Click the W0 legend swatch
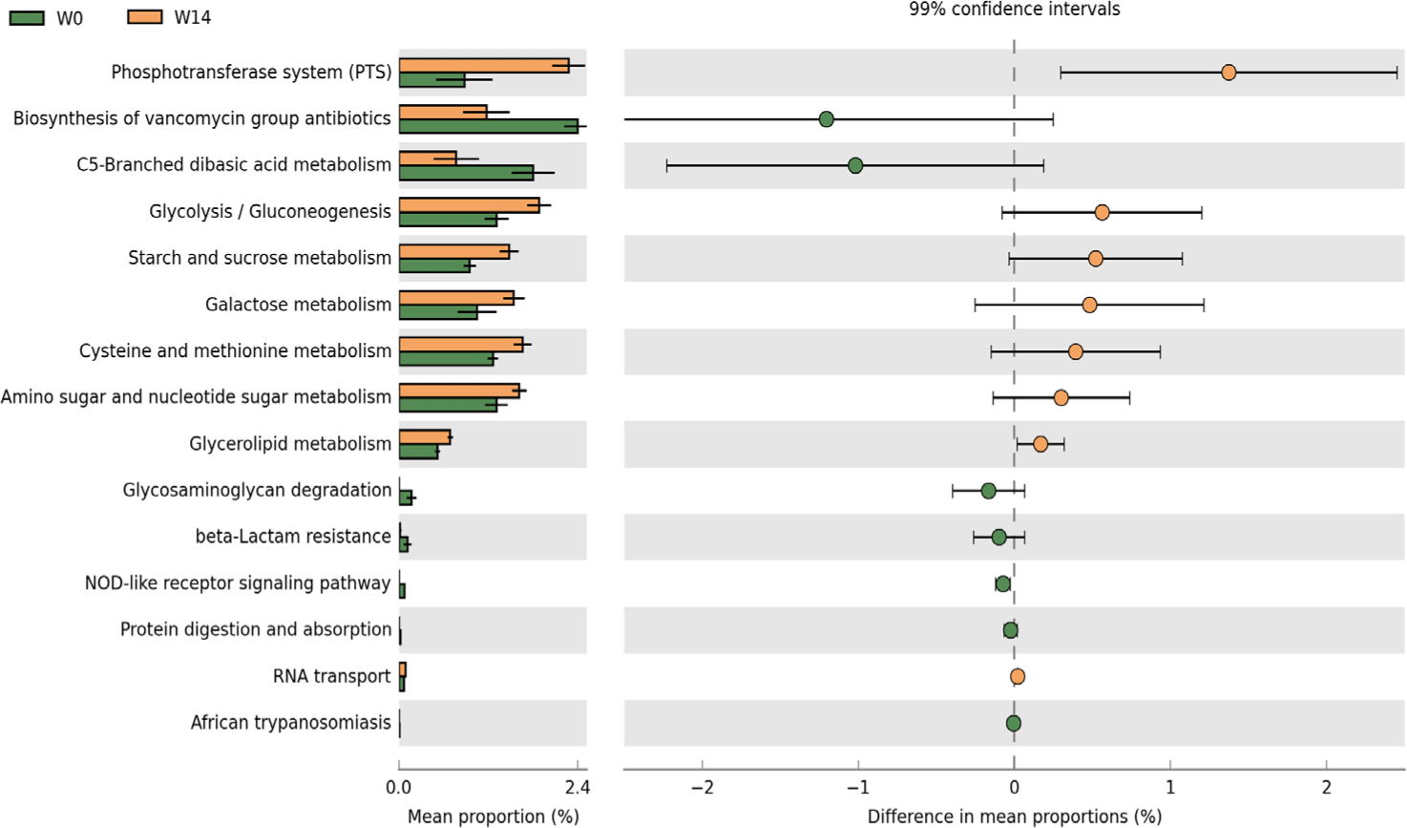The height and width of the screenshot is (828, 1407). pyautogui.click(x=27, y=17)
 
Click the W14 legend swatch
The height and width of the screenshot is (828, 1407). pyautogui.click(x=145, y=17)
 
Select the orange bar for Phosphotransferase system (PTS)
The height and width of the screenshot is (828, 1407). pyautogui.click(x=484, y=66)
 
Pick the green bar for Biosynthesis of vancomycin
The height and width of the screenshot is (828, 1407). pyautogui.click(x=489, y=126)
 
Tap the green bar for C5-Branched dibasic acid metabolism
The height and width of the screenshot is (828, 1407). pyautogui.click(x=466, y=173)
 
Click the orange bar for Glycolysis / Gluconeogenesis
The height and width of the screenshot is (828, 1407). pyautogui.click(x=469, y=205)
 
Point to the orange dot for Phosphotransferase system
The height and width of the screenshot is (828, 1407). pyautogui.click(x=1228, y=73)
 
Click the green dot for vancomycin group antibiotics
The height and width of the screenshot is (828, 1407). pyautogui.click(x=827, y=119)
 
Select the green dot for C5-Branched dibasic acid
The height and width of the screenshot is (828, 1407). pyautogui.click(x=855, y=165)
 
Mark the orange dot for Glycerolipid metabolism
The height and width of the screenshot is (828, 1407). pyautogui.click(x=1040, y=444)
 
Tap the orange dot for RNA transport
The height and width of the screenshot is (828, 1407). pyautogui.click(x=1018, y=676)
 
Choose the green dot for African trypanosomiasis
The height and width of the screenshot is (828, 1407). pyautogui.click(x=1014, y=723)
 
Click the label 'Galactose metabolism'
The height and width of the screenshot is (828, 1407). pyautogui.click(x=298, y=305)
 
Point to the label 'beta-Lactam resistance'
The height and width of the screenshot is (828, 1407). pyautogui.click(x=293, y=537)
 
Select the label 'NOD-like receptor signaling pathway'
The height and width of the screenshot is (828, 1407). pyautogui.click(x=238, y=583)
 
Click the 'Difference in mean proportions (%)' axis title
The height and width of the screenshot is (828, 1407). pyautogui.click(x=1014, y=817)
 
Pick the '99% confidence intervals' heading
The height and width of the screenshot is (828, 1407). pyautogui.click(x=1014, y=10)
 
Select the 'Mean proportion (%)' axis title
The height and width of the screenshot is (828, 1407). pyautogui.click(x=493, y=817)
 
